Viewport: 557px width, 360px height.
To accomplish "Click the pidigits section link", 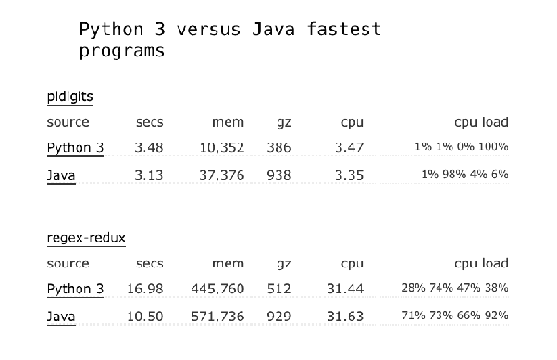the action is (x=70, y=96).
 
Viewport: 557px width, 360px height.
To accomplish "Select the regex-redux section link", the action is (x=86, y=238).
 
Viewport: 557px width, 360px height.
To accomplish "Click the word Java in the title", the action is (x=274, y=29).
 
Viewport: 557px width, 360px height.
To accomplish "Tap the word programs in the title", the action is (x=122, y=51).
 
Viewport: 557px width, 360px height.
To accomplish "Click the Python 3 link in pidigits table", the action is (x=75, y=147).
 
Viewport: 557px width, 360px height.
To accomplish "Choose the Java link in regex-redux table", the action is (x=61, y=317).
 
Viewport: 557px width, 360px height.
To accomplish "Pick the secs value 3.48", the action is (x=149, y=147).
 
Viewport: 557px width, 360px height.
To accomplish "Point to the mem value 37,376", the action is (x=222, y=175).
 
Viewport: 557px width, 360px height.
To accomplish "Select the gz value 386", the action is (x=278, y=147).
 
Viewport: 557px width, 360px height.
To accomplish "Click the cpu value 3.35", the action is (x=349, y=175).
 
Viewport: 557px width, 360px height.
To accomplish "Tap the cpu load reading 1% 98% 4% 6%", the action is (x=464, y=174).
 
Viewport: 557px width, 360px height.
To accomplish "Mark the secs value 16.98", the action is (x=145, y=289).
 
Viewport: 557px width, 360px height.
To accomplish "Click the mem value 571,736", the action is (x=217, y=317).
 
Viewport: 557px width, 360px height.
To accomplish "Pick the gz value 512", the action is (x=278, y=289).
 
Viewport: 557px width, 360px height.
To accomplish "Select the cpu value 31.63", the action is (x=345, y=317).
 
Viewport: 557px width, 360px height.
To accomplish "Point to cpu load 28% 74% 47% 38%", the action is (x=455, y=288).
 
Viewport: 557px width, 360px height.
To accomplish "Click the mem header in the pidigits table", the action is (x=228, y=122).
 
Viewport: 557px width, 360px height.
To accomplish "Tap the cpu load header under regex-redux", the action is (x=481, y=264).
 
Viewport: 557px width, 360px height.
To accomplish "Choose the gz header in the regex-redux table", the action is (x=284, y=265).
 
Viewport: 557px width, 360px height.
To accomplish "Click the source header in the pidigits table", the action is (x=68, y=122).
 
